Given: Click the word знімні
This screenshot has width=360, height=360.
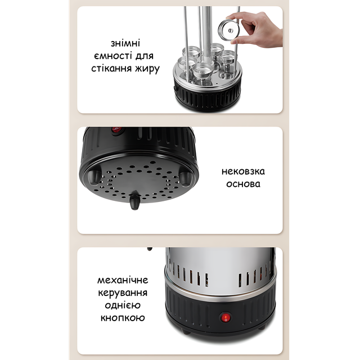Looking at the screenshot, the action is click(125, 43).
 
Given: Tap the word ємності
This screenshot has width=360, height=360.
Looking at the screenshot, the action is click(113, 56).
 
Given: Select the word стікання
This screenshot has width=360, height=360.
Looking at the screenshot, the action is click(111, 69).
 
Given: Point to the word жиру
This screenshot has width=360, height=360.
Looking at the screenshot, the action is click(147, 69).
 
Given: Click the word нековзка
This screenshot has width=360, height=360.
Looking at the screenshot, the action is click(243, 172).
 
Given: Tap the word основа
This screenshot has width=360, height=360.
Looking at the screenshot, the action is click(243, 184).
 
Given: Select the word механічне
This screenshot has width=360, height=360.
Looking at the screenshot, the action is click(123, 280).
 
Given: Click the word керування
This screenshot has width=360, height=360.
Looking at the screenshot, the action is click(123, 293).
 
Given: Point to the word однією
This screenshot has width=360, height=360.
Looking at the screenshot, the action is click(123, 305).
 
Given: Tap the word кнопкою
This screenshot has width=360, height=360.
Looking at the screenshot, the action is click(123, 318).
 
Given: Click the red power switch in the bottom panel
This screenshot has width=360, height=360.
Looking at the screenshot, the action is click(226, 318).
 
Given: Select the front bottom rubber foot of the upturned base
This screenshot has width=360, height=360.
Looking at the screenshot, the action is click(134, 201).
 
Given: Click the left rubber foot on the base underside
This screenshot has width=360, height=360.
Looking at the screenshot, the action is click(94, 177).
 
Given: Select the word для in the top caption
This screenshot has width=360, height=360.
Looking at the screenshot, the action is click(145, 56).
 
